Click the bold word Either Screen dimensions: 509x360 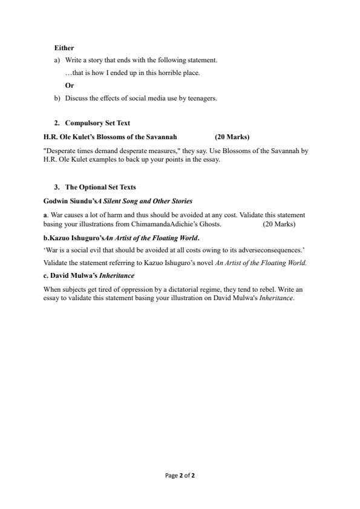point(64,47)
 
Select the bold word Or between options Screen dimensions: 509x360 point(70,85)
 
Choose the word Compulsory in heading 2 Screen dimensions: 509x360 point(84,123)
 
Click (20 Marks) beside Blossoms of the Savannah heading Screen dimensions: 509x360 point(232,137)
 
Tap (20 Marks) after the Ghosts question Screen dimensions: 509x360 point(279,224)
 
